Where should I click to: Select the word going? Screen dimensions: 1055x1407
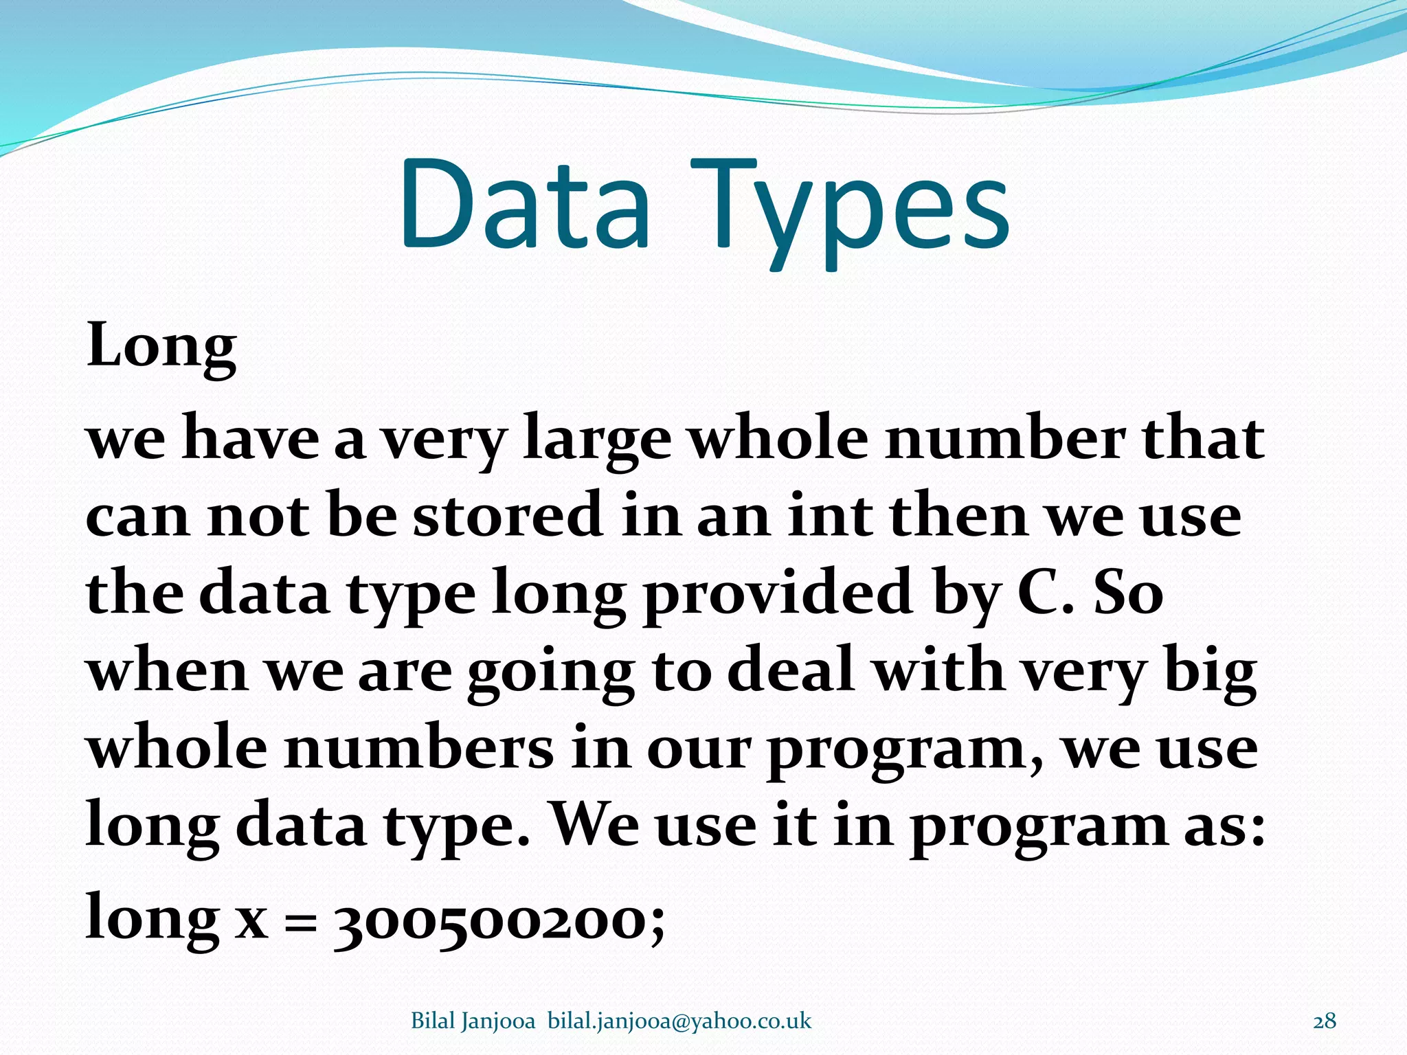coord(551,673)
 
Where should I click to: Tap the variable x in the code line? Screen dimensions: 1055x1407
coord(251,920)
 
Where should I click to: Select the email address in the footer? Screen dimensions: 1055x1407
coord(679,1021)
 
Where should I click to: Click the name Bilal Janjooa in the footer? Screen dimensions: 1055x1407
coord(473,1021)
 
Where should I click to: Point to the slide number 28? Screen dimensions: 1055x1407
coord(1325,1021)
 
